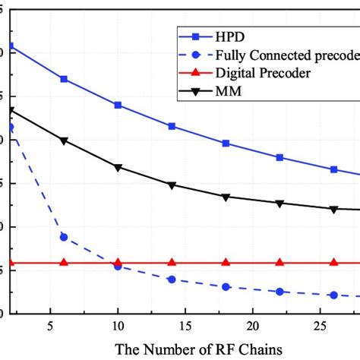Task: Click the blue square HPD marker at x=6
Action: click(64, 79)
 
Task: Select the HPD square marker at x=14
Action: click(172, 126)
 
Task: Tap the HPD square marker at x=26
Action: click(333, 169)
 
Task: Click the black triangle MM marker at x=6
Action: click(64, 141)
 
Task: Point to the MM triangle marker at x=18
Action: click(226, 197)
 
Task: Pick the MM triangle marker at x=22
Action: click(279, 204)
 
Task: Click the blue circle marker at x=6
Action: click(64, 237)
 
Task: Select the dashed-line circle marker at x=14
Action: click(172, 279)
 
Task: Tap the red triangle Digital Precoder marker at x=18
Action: click(226, 262)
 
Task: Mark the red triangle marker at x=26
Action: click(333, 262)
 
